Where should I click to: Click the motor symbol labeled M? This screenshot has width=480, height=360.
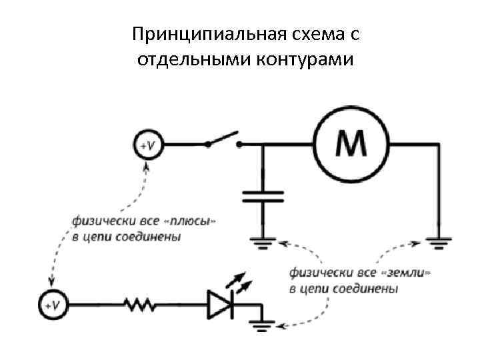coord(352,143)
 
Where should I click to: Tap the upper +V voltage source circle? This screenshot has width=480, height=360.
coord(147,144)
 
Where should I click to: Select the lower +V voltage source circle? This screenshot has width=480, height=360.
coord(51,305)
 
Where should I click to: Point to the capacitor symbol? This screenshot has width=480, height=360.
coord(263,196)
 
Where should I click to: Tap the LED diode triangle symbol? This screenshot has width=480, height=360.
coord(219,304)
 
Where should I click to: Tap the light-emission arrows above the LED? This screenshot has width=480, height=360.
coord(239,282)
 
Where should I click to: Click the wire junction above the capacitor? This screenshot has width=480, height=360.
coord(263,144)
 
